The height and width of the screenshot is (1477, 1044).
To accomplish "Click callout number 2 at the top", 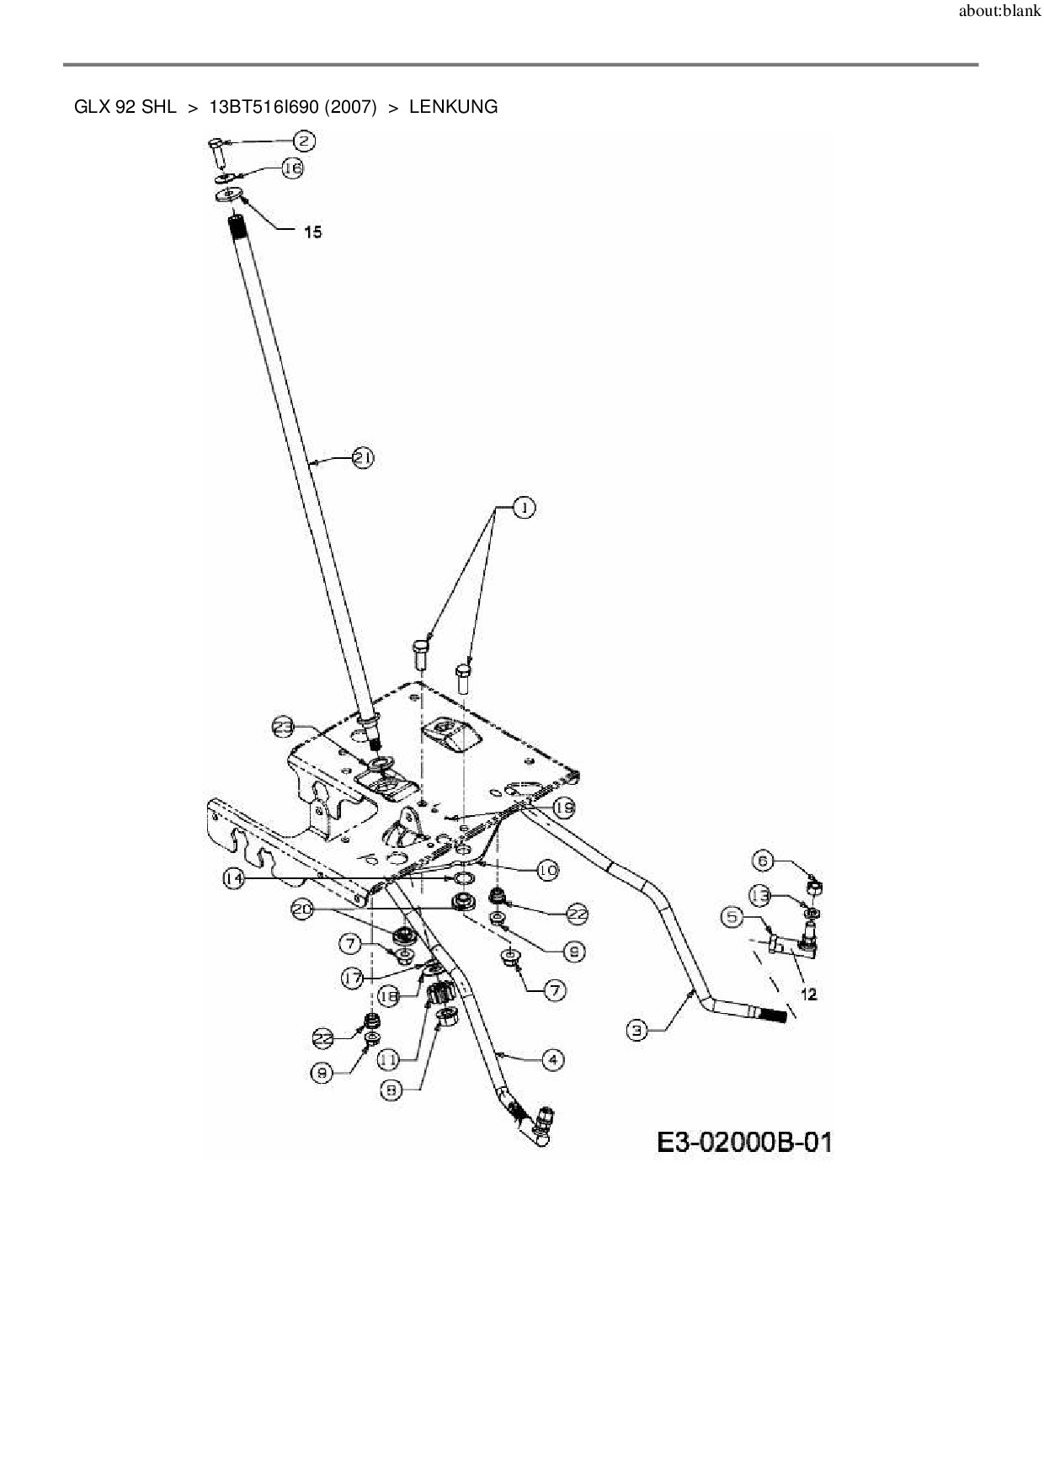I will [x=304, y=141].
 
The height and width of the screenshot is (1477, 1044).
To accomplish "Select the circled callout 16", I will [x=292, y=168].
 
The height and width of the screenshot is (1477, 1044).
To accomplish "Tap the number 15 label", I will [x=312, y=232].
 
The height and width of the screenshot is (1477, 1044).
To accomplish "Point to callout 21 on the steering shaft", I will [x=362, y=458].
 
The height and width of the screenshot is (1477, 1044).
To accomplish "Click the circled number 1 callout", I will [x=523, y=508].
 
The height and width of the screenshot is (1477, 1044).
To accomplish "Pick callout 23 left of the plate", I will [x=284, y=727].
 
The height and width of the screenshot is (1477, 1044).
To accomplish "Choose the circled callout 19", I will [x=563, y=808].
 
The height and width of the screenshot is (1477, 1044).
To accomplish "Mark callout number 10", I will [x=547, y=870].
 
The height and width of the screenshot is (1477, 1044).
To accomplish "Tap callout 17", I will [x=353, y=978].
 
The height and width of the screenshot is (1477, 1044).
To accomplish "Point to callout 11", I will [x=387, y=1060].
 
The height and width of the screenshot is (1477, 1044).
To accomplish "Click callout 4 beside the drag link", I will [x=552, y=1059].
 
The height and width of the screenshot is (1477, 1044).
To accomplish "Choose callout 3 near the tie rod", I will [x=637, y=1028].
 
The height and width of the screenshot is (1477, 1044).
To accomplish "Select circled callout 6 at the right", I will [x=762, y=861].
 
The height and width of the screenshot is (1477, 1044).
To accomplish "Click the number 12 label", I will [x=808, y=994].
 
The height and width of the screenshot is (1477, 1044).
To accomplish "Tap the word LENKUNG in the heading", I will [x=453, y=107].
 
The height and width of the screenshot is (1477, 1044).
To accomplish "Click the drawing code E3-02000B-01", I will [x=744, y=1142].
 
